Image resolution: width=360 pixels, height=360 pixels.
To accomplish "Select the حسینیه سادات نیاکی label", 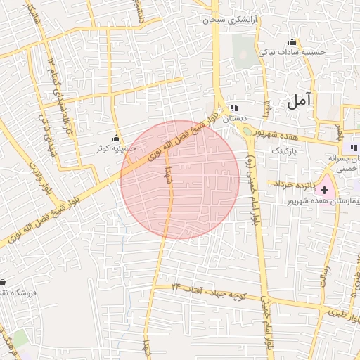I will (292, 52).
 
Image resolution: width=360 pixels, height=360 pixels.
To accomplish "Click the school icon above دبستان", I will (233, 108).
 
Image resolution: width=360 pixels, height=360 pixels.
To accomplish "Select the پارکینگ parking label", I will (285, 151).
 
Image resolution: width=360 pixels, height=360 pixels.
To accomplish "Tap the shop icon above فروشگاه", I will (3, 282).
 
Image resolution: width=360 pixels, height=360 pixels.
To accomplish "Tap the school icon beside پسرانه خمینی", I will (353, 148).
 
